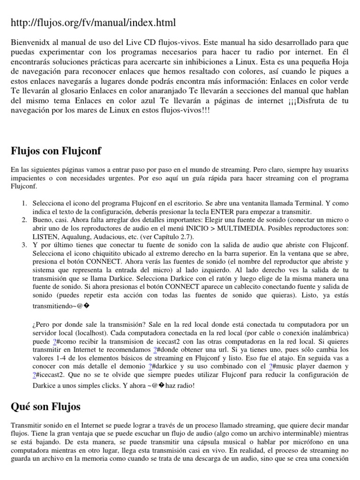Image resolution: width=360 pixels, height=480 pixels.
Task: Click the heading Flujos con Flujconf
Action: point(56,151)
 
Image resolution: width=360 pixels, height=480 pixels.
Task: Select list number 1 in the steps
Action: point(24,203)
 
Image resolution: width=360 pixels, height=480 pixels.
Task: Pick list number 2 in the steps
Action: point(24,220)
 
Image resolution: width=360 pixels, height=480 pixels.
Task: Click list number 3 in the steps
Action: point(24,245)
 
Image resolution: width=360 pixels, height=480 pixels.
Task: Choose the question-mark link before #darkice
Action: point(150,366)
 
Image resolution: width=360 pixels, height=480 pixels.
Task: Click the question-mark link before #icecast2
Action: point(35,375)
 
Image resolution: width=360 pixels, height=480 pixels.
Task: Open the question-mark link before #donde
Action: point(155,350)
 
